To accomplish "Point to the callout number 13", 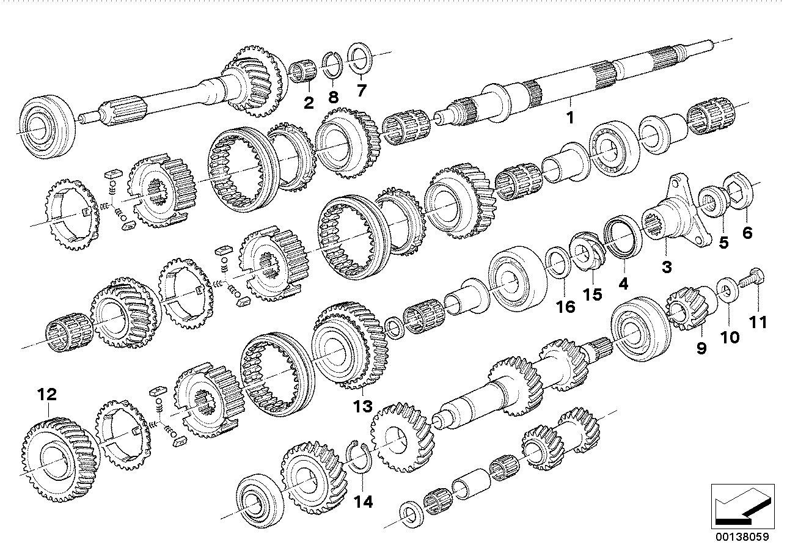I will pyautogui.click(x=362, y=406).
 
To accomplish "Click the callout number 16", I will pyautogui.click(x=566, y=306).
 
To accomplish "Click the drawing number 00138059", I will pyautogui.click(x=742, y=540).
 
